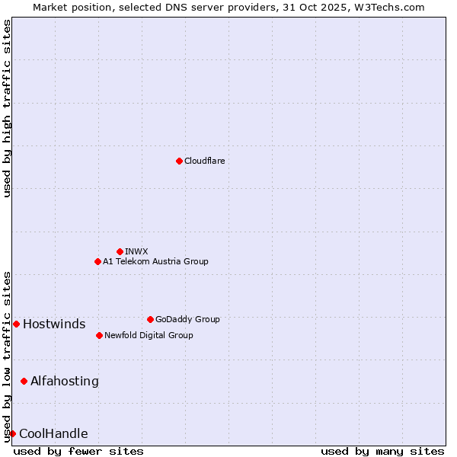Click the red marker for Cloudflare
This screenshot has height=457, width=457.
point(179,161)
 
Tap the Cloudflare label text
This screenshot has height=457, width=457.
point(204,161)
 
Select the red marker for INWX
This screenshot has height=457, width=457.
point(120,251)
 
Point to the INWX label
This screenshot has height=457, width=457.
point(137,251)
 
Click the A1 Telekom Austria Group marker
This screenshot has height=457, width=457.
point(97,261)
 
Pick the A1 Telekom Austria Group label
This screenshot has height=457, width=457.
point(155,261)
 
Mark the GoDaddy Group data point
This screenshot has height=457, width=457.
point(150,319)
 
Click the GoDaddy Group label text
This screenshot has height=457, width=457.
point(187,319)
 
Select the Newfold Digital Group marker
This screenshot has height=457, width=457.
point(99,335)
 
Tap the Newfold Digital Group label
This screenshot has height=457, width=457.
point(149,335)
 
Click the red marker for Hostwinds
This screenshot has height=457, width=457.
point(16,324)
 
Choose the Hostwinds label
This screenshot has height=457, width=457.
point(54,324)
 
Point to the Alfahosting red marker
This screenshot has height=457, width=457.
point(24,381)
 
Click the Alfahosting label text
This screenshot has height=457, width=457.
point(65,381)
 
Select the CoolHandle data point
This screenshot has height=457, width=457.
point(12,433)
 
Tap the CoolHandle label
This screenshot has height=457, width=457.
point(53,434)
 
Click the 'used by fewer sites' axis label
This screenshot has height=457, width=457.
point(78,451)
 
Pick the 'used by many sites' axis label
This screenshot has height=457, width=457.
point(382,451)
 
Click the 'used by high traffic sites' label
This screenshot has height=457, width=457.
point(8,108)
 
